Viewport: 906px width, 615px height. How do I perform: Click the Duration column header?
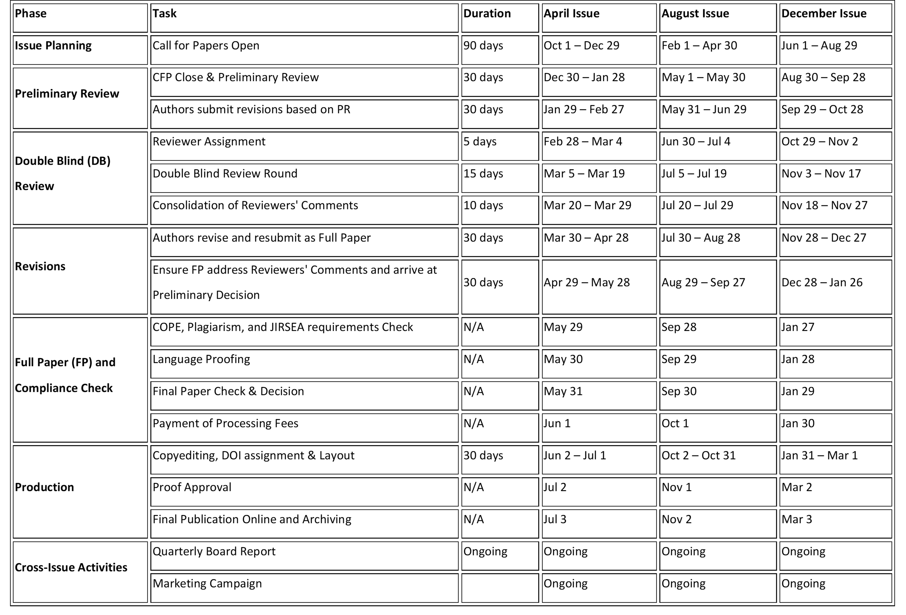(487, 14)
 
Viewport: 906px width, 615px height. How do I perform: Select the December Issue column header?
(824, 14)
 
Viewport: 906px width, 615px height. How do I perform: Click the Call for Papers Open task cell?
(206, 46)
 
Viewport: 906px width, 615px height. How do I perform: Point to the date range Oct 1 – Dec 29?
(581, 46)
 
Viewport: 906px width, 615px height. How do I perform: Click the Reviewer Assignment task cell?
(209, 142)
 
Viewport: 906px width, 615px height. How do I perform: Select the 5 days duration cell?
(480, 142)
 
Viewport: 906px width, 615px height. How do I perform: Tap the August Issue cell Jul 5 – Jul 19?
(694, 174)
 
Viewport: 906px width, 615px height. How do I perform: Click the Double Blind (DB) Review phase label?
(62, 173)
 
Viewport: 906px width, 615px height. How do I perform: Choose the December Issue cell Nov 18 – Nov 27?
(824, 206)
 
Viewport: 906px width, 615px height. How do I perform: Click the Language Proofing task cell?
(201, 359)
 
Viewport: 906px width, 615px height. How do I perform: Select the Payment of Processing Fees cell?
(225, 423)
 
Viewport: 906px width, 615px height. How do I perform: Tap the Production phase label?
(45, 487)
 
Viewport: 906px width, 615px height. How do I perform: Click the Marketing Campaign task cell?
(207, 584)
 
